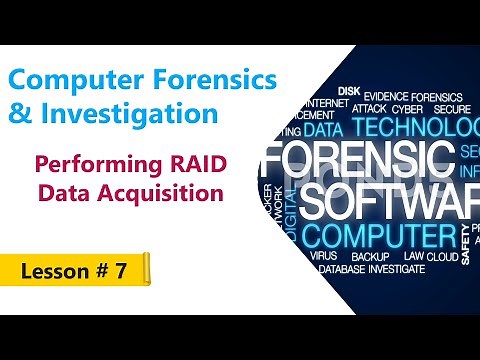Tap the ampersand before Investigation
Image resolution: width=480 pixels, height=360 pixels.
[x=20, y=114]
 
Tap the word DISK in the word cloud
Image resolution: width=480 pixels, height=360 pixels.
[x=349, y=91]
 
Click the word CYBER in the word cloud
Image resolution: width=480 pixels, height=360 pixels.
[x=407, y=108]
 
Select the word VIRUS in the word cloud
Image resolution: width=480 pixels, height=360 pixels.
[x=324, y=256]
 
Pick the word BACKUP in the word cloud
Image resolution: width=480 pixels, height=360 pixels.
[x=370, y=256]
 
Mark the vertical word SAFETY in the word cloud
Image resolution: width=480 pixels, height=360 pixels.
[x=466, y=244]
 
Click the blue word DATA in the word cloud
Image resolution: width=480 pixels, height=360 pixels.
[x=324, y=129]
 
